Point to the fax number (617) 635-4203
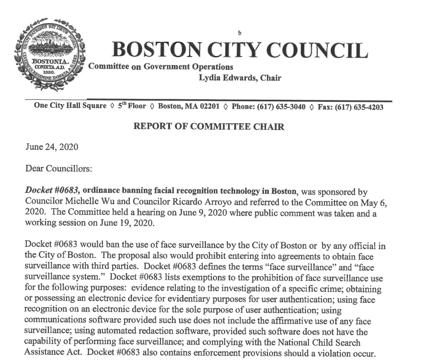click(361, 107)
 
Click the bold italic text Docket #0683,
click(53, 190)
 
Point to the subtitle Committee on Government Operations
click(161, 67)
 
